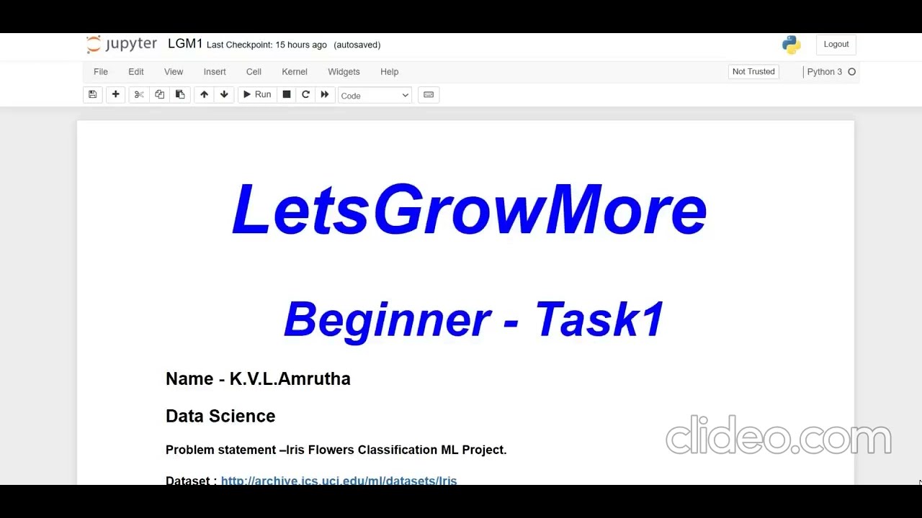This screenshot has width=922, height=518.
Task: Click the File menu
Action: (101, 72)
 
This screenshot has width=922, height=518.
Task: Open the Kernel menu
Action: (295, 72)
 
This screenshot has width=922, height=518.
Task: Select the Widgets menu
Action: (344, 72)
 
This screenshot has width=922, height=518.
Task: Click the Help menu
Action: (389, 72)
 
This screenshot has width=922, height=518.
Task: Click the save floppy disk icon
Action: (92, 95)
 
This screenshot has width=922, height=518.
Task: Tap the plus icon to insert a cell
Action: (115, 95)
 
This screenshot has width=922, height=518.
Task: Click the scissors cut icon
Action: (139, 95)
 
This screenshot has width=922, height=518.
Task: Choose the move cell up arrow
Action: (204, 95)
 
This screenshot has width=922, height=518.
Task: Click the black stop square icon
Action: (287, 95)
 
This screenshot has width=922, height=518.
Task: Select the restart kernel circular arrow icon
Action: (305, 95)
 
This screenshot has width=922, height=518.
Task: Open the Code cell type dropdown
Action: (375, 96)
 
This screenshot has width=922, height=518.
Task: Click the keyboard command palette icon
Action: (429, 95)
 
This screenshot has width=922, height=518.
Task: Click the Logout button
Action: (836, 45)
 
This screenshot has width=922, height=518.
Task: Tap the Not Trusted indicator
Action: (753, 72)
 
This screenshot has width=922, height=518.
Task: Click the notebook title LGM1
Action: (185, 44)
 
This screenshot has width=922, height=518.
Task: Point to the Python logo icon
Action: (791, 45)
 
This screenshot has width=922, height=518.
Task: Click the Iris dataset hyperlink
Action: (339, 480)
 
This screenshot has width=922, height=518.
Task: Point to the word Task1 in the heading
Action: (599, 319)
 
